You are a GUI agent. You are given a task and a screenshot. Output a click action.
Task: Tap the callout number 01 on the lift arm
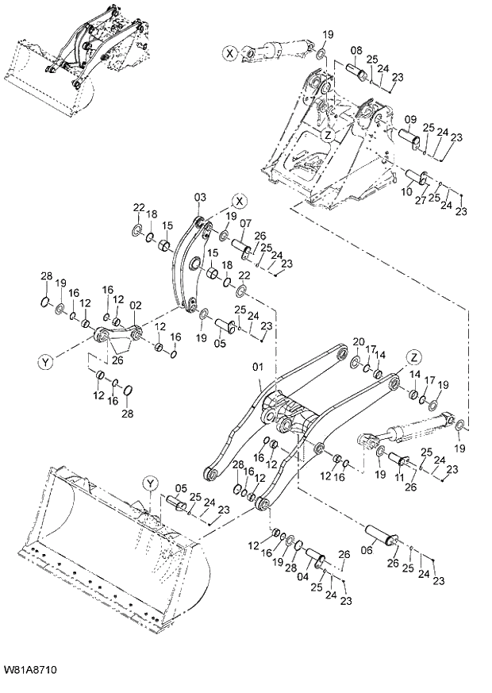(x=256, y=368)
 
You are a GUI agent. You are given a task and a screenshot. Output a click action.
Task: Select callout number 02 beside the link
(x=135, y=305)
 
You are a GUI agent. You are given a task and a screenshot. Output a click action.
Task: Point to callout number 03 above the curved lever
(x=199, y=197)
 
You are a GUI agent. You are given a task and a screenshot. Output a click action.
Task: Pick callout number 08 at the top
(x=356, y=49)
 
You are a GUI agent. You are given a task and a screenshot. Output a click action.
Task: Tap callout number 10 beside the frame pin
(x=406, y=191)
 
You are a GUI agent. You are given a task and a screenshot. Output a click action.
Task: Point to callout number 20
(x=358, y=342)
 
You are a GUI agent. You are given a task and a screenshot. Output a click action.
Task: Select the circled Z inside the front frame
(x=326, y=136)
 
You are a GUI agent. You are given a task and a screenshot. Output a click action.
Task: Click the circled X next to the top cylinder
(x=229, y=53)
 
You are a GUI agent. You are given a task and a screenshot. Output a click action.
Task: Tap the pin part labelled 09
(x=409, y=141)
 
